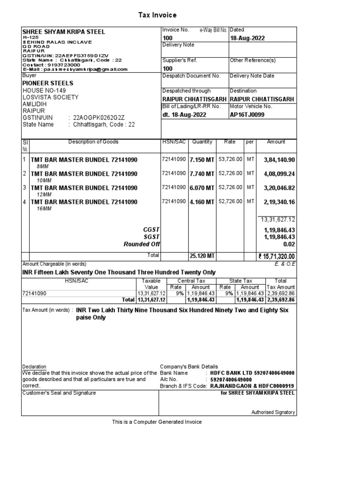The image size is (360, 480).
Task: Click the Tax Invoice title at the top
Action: tap(157, 15)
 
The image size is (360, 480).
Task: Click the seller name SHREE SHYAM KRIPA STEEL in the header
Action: tap(64, 32)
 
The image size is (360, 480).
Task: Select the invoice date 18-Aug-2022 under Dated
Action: tap(247, 38)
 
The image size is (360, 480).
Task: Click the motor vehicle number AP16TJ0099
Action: tap(247, 114)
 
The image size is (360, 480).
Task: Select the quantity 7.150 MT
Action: tap(202, 160)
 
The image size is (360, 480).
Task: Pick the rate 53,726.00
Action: tap(230, 160)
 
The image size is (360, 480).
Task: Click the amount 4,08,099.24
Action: tap(279, 174)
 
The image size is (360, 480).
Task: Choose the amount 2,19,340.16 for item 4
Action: tap(279, 202)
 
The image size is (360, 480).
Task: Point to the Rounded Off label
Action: tap(142, 244)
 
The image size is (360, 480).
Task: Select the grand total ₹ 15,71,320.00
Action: tap(277, 257)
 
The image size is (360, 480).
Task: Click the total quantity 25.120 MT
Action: tap(202, 256)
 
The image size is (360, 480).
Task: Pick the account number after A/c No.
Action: tap(232, 380)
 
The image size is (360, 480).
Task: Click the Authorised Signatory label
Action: tap(273, 412)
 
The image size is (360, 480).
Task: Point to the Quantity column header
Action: tap(202, 142)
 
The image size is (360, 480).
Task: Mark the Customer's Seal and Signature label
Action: tap(59, 393)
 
